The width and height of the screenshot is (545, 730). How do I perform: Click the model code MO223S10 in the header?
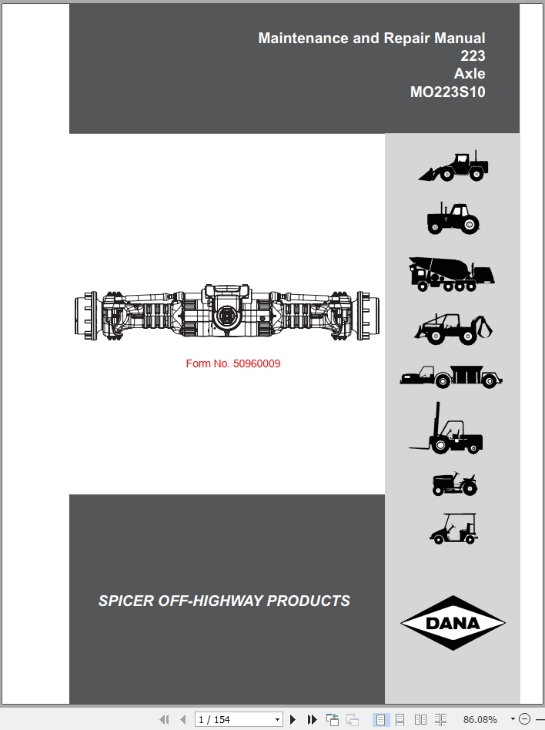(447, 92)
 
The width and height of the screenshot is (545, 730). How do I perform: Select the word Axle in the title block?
(470, 74)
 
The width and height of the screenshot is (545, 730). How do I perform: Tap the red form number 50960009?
(256, 363)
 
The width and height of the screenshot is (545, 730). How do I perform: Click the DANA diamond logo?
(453, 623)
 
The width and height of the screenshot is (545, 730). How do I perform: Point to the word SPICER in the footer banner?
(125, 601)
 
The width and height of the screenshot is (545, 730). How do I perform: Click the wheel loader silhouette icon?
(453, 166)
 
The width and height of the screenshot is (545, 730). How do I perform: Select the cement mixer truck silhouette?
(451, 274)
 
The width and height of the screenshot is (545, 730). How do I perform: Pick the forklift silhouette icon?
(446, 428)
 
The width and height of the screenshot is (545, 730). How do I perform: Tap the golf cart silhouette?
(453, 528)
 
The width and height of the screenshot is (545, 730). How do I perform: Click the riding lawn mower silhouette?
(455, 484)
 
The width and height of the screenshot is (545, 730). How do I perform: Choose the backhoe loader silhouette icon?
(453, 329)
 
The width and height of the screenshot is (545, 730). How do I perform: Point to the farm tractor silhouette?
(453, 218)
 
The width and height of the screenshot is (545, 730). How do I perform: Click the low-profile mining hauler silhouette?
(451, 377)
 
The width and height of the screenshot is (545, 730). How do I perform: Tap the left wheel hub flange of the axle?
(86, 316)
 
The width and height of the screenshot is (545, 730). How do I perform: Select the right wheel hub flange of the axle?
(368, 316)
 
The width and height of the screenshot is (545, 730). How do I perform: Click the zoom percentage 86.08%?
(480, 720)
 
